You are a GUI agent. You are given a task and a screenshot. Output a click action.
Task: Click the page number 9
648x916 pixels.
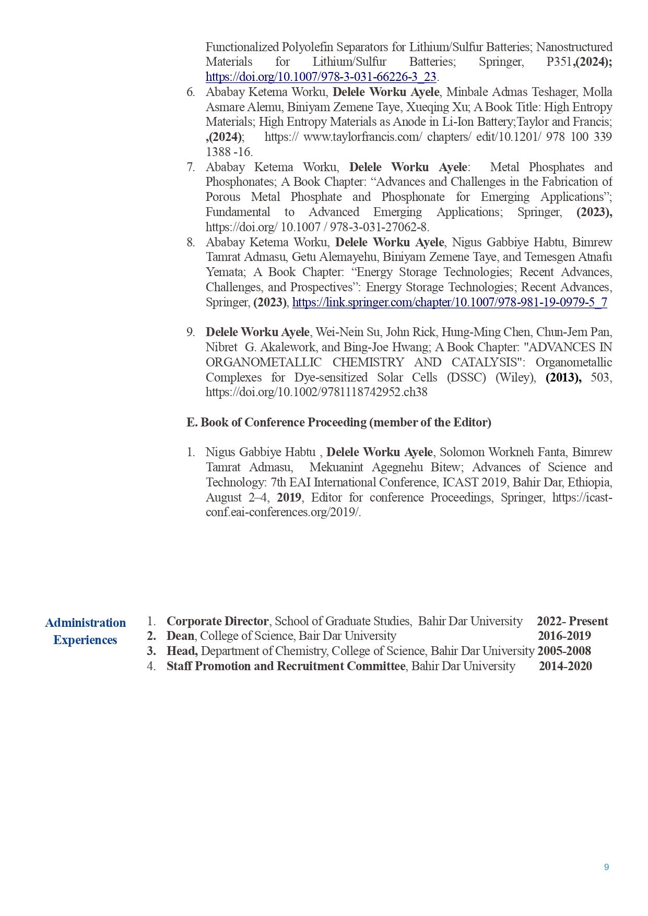[606, 867]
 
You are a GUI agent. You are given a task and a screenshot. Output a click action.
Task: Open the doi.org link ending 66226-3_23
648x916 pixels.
[321, 77]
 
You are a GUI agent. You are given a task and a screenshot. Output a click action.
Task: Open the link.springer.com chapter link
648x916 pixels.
[449, 302]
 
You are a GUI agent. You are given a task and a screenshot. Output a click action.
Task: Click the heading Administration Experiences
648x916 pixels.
[85, 631]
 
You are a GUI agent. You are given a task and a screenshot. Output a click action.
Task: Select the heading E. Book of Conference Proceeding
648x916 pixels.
[338, 422]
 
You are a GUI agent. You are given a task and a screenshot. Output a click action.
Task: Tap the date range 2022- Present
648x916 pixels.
[572, 621]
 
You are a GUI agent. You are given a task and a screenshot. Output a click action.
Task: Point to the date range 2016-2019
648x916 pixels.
[564, 636]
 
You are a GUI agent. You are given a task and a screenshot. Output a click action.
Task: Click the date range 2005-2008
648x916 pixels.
[564, 651]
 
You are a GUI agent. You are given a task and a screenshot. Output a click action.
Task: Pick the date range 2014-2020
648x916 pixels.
[565, 666]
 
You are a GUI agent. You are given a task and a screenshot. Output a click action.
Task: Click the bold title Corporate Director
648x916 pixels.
[217, 621]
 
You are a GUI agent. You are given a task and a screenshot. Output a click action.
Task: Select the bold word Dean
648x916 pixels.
[180, 636]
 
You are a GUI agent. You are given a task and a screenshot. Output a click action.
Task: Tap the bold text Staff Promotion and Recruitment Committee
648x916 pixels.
[286, 666]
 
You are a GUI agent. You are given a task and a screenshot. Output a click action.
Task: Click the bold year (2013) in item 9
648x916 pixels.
[563, 377]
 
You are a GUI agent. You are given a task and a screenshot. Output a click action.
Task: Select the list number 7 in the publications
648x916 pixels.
[191, 167]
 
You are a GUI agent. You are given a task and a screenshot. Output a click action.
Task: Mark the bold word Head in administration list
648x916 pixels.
[181, 651]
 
